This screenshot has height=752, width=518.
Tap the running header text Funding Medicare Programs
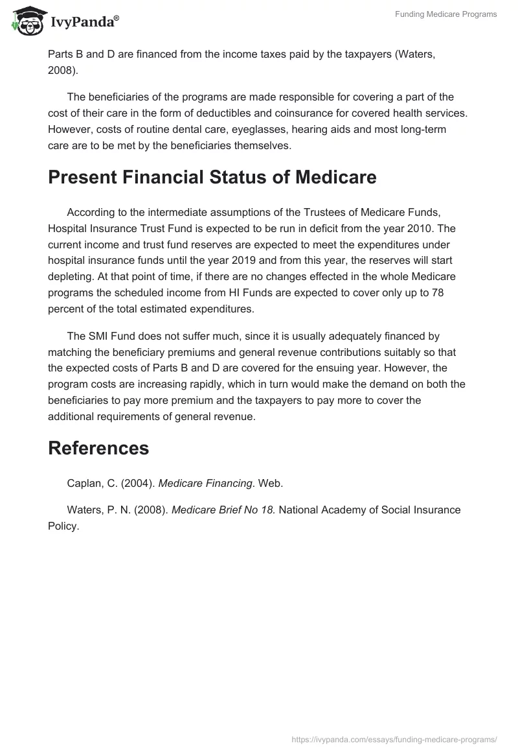[446, 14]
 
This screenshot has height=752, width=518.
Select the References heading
[98, 447]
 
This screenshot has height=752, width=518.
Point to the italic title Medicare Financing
[205, 483]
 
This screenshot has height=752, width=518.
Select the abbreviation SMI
[98, 336]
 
